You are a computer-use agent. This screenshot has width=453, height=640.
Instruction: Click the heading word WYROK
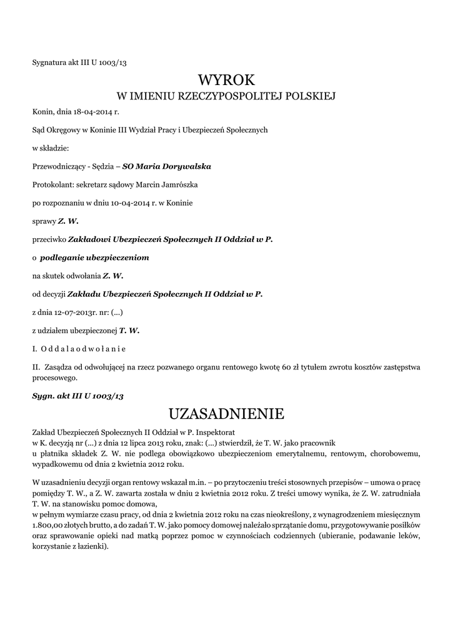click(x=226, y=79)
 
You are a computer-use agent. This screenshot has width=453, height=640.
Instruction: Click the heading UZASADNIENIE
click(x=226, y=414)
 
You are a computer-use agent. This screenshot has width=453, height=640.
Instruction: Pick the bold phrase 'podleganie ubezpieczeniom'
click(x=94, y=257)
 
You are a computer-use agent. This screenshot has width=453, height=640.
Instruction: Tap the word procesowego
click(x=55, y=377)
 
